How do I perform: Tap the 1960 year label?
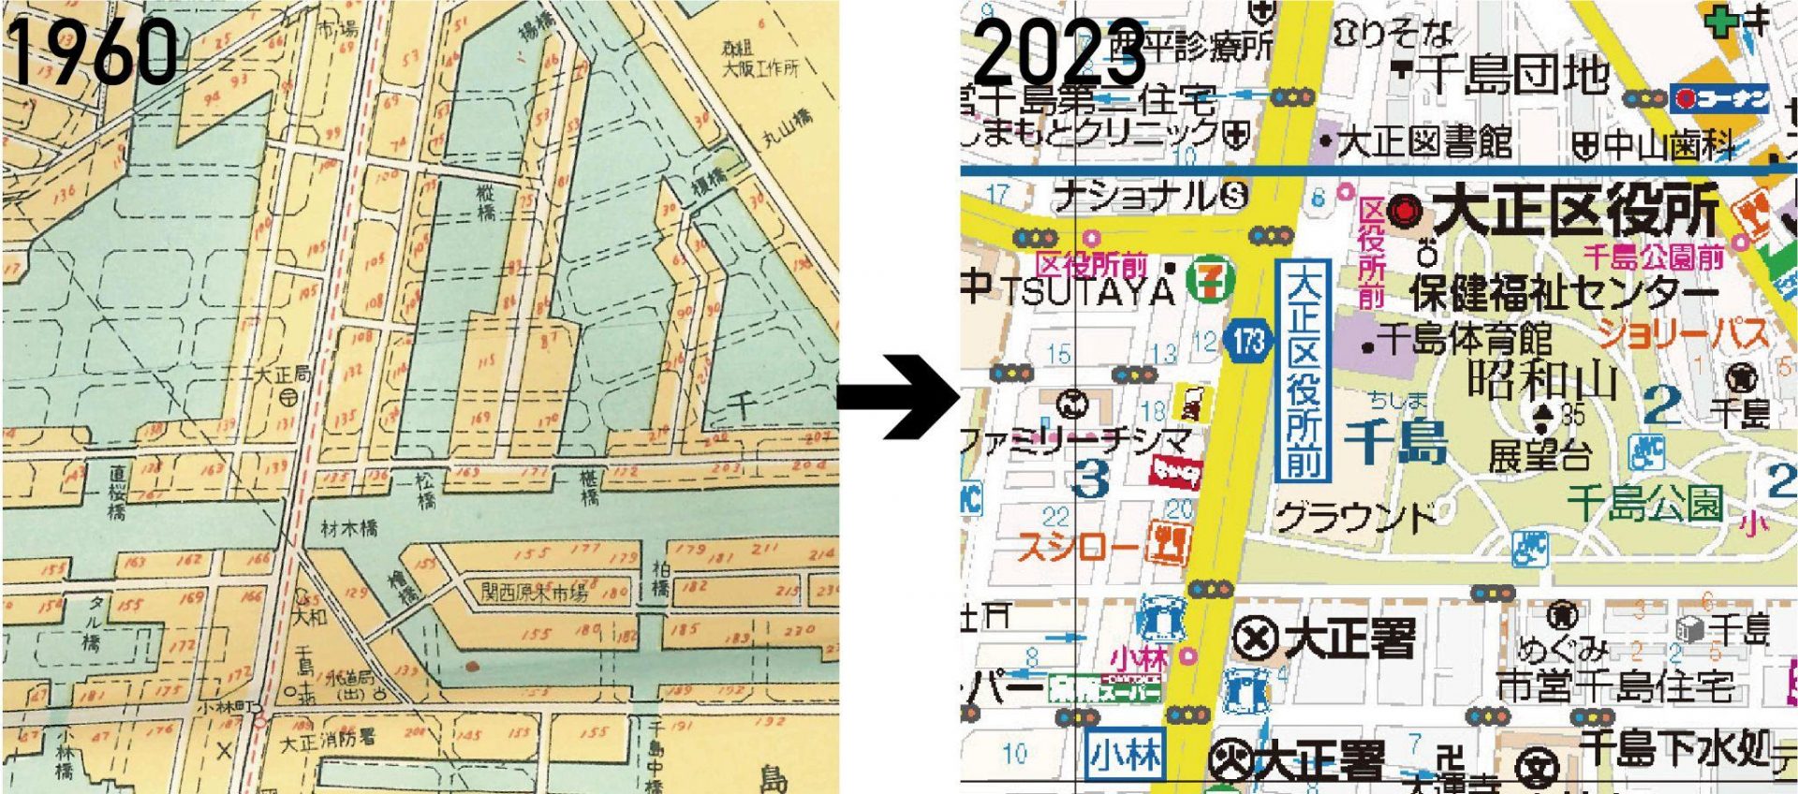click(x=94, y=51)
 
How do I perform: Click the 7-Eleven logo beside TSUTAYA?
click(x=1210, y=282)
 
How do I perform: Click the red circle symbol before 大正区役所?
click(x=1402, y=212)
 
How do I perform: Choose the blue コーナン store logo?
click(x=1720, y=98)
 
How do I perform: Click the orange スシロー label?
click(x=1077, y=547)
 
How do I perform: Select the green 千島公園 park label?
click(x=1645, y=502)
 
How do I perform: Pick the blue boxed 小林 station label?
click(x=1124, y=754)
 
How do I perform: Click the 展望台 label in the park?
click(x=1540, y=456)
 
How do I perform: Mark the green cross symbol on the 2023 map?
click(x=1721, y=22)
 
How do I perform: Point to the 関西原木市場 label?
click(x=534, y=592)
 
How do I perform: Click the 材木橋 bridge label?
click(x=349, y=529)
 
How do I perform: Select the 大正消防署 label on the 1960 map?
click(x=329, y=740)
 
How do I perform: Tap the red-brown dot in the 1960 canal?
click(x=471, y=667)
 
